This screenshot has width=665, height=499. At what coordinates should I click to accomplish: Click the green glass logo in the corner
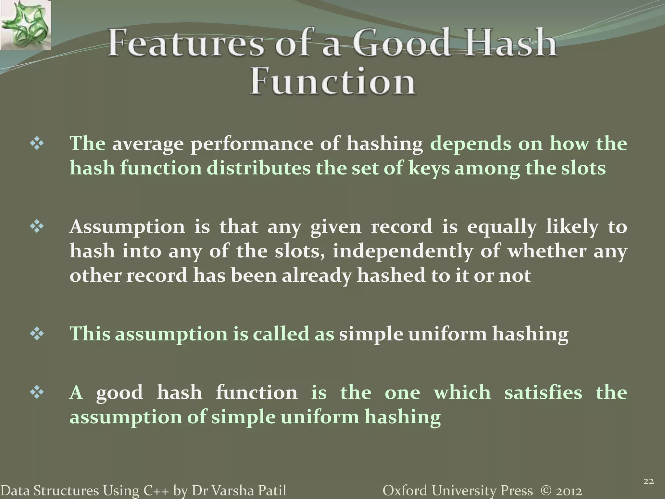click(x=25, y=25)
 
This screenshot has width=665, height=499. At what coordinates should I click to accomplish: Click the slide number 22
click(x=648, y=481)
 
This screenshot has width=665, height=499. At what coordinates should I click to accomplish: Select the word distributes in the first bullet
click(x=258, y=168)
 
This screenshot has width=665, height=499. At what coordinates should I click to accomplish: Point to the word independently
click(x=403, y=251)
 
